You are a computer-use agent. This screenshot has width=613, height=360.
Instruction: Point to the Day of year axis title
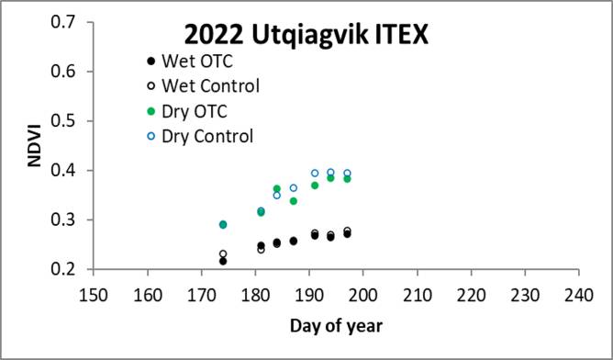(x=337, y=326)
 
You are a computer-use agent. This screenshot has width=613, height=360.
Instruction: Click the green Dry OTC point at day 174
(x=223, y=225)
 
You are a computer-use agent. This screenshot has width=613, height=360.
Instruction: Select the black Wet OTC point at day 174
(x=223, y=262)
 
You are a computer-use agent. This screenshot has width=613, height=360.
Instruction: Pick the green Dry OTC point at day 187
(x=294, y=201)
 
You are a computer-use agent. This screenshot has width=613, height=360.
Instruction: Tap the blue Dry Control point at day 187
(x=294, y=188)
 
